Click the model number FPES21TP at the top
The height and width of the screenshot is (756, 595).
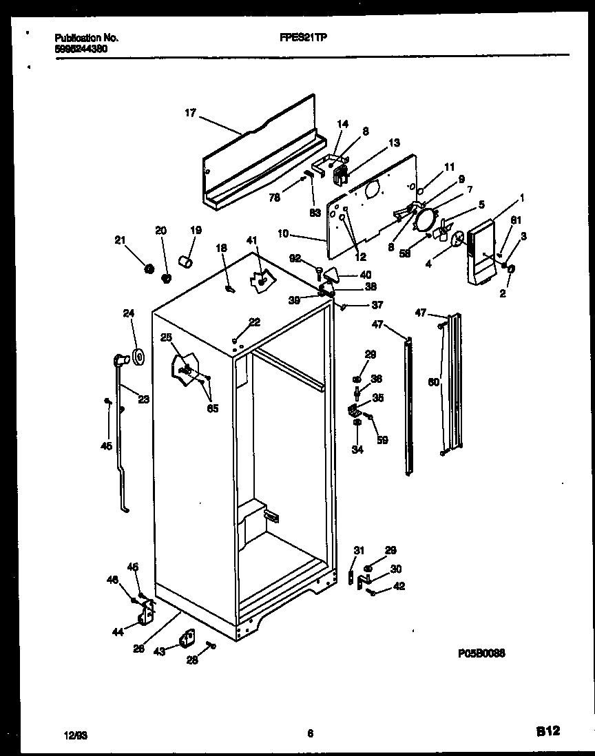[304, 39]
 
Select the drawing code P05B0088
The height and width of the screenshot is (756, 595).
[480, 653]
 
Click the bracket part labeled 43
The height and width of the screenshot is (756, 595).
[185, 640]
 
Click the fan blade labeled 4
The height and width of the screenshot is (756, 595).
[455, 238]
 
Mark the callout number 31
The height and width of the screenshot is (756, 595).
[357, 549]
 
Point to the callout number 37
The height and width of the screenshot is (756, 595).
[377, 305]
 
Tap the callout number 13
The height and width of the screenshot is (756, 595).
[394, 143]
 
